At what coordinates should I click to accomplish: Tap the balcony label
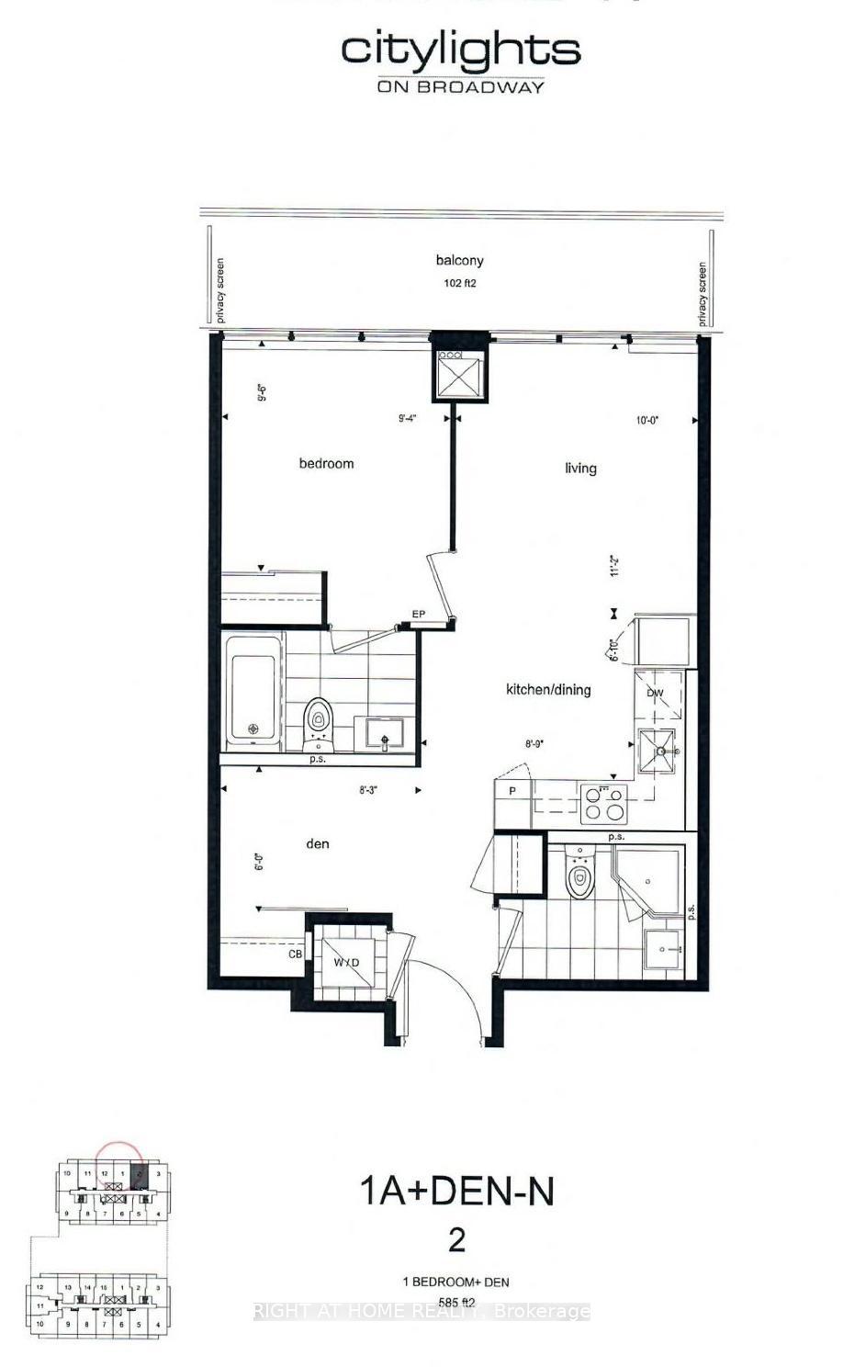459,261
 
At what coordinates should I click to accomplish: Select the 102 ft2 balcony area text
459,284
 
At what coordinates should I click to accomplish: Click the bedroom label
326,464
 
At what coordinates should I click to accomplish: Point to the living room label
580,469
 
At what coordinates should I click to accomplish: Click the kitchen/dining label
548,690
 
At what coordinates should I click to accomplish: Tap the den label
317,844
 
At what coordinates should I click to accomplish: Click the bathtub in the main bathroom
253,688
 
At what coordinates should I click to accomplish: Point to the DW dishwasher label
655,694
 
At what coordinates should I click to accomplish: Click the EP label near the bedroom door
418,615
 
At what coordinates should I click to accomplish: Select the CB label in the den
296,955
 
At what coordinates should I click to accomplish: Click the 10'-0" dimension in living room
647,420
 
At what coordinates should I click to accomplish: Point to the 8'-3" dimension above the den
369,789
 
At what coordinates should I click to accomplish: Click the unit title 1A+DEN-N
456,1192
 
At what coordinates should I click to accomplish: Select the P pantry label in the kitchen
511,791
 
